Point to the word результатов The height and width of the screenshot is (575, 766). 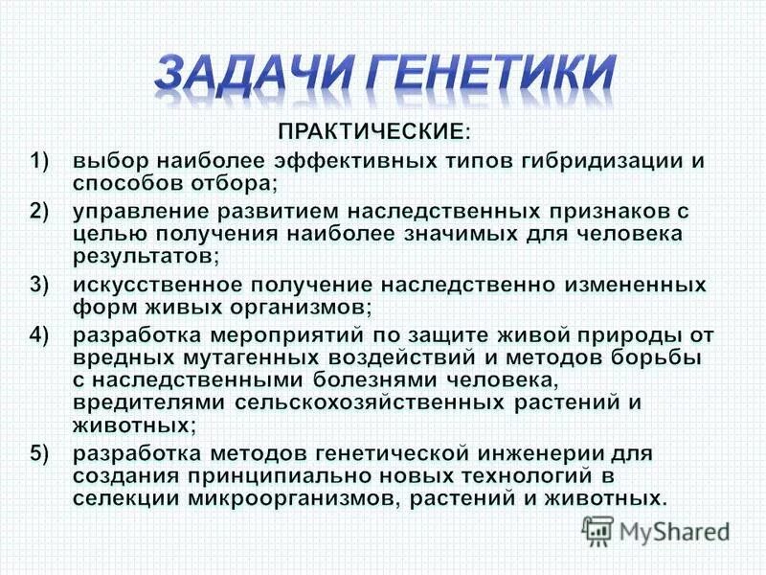144,256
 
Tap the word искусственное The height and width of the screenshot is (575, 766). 158,286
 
